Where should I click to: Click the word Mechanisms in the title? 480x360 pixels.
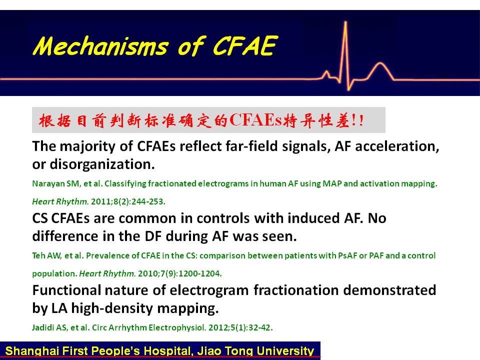click(x=100, y=46)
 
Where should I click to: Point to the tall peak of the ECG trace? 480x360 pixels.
click(x=345, y=22)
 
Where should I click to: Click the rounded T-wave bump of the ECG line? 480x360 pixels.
click(x=380, y=64)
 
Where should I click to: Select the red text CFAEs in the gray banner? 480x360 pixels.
click(x=255, y=120)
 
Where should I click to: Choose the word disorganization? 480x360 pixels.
click(x=102, y=164)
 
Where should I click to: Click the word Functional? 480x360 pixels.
click(x=66, y=290)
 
